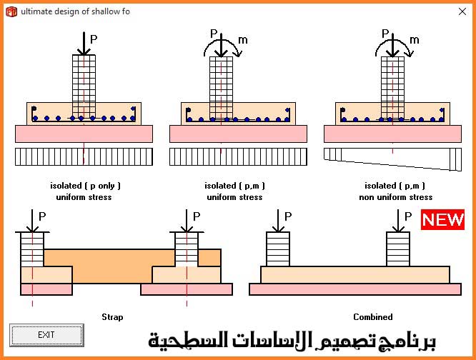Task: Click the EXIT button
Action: click(46, 334)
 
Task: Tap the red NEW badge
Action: click(442, 219)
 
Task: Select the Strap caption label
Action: click(112, 317)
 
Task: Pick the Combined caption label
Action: click(372, 317)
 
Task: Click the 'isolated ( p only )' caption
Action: click(84, 186)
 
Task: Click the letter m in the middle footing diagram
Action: click(243, 41)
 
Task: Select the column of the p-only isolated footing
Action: click(84, 79)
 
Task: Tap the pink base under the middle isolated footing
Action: click(238, 134)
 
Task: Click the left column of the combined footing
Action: click(277, 249)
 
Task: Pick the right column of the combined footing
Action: click(398, 249)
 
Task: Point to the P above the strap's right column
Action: click(197, 216)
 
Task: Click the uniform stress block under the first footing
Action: click(84, 156)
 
